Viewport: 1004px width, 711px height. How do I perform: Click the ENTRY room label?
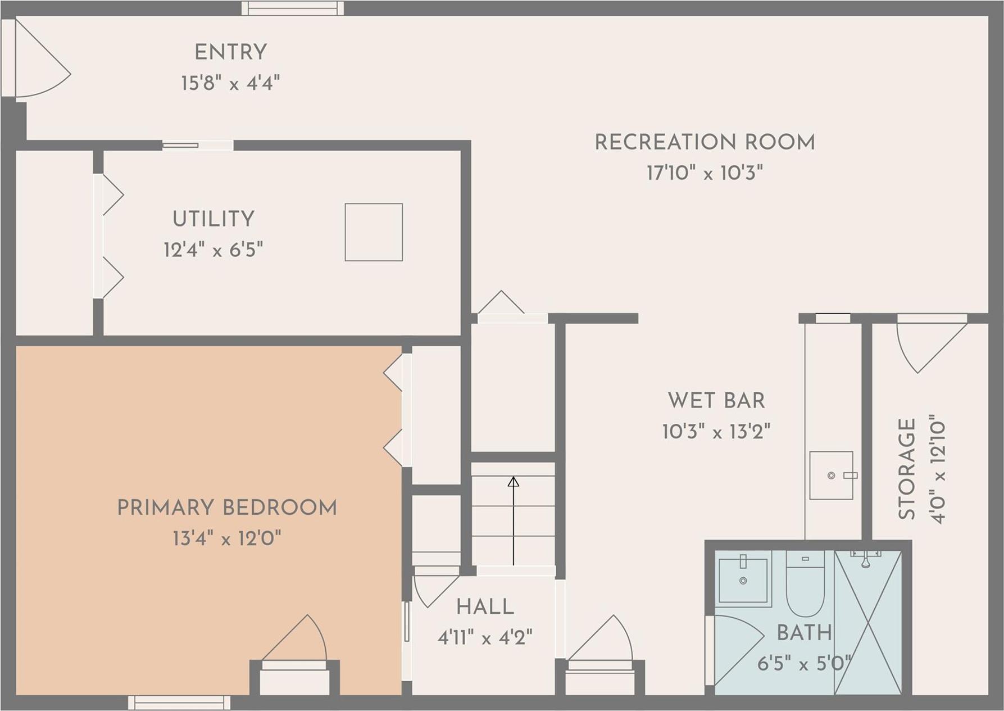(x=230, y=53)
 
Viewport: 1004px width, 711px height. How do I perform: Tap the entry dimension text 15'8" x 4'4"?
(x=230, y=83)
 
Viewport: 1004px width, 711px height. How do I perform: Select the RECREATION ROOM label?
(x=705, y=143)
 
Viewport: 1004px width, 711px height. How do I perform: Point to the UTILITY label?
(x=213, y=219)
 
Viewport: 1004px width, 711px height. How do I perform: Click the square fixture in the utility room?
(x=374, y=232)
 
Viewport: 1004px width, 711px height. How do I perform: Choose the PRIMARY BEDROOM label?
(x=227, y=508)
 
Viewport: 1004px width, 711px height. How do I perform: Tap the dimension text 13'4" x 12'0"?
(x=227, y=538)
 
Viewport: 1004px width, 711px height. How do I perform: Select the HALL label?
(x=485, y=607)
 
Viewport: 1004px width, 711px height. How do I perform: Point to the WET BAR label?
(x=716, y=401)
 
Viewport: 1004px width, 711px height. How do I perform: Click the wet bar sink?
(x=831, y=475)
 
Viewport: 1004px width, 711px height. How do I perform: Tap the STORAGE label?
(x=907, y=469)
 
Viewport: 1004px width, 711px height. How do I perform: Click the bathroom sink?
(x=743, y=580)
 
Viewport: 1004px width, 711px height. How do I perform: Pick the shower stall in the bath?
(x=868, y=623)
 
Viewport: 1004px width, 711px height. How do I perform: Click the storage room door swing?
(x=927, y=343)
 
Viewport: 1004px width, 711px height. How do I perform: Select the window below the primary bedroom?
(x=179, y=703)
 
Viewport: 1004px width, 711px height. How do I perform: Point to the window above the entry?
(x=292, y=8)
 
